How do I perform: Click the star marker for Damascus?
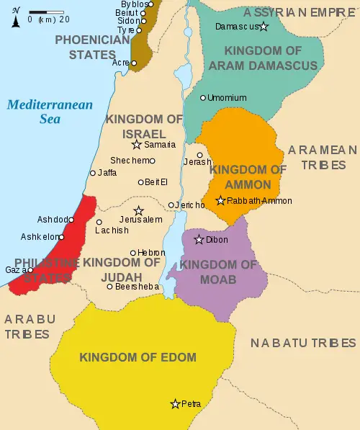coord(264,27)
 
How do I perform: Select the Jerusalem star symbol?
coord(139,210)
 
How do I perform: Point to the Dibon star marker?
coord(199,239)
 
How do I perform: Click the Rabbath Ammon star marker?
coord(220,200)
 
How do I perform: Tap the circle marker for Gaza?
coord(30,270)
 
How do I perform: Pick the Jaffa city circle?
coord(92,173)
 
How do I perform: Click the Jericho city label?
coord(192,205)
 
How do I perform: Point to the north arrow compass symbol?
coord(15,17)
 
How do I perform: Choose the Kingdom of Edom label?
coord(138,357)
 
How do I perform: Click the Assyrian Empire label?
coord(300,12)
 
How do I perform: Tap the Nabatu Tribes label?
coord(303,344)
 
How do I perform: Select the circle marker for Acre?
coord(134,63)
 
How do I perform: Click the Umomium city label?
coord(228,97)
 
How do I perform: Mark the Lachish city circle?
coord(99,222)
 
